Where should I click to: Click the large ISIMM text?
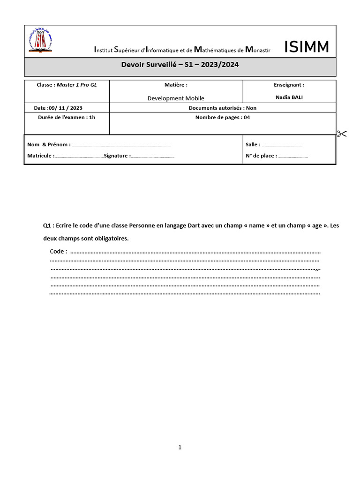point(307,47)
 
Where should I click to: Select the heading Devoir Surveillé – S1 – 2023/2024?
point(180,65)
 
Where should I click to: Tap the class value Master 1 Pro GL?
point(76,85)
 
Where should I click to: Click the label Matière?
point(176,85)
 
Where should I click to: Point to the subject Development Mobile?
point(176,98)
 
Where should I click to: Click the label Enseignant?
point(289,85)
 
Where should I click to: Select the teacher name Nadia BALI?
point(289,97)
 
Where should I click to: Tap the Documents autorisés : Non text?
point(222,108)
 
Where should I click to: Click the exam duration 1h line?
point(67,117)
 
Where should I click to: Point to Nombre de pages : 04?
point(222,117)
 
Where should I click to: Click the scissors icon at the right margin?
point(341,134)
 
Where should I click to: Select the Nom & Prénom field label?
point(49,145)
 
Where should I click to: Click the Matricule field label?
point(41,156)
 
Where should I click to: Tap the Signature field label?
point(117,156)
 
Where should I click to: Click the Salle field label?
point(253,145)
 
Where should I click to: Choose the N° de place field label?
point(261,156)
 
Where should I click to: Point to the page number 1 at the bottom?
point(180,447)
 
